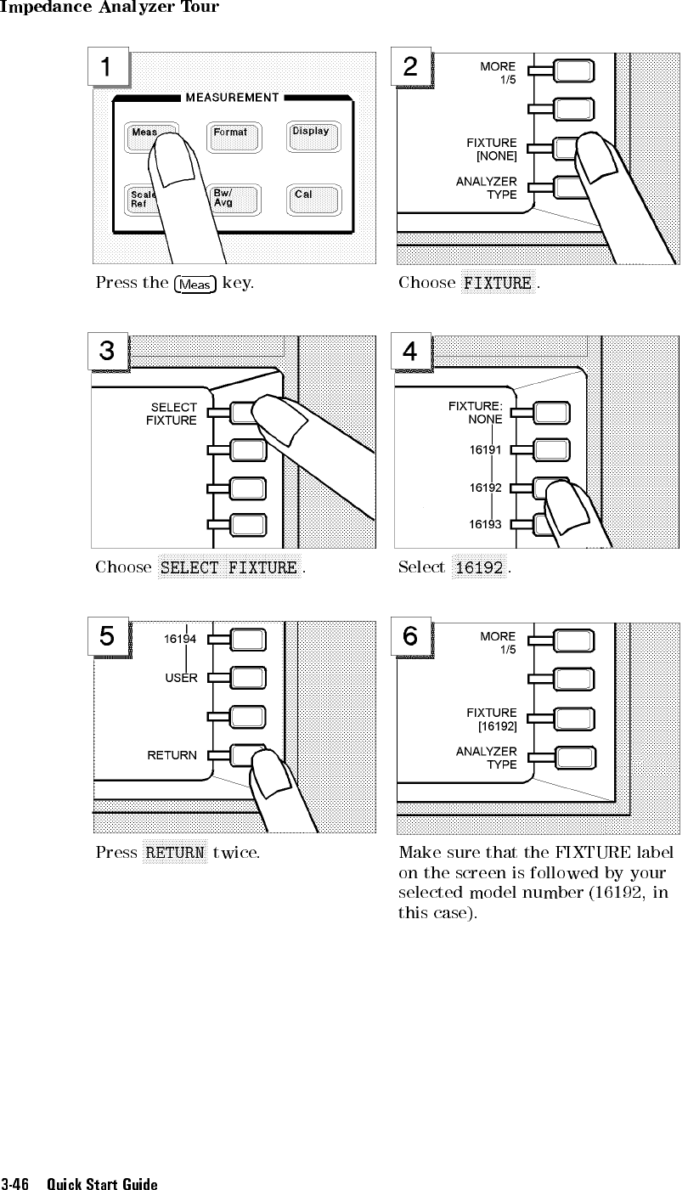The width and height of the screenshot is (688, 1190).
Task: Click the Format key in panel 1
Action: pyautogui.click(x=234, y=138)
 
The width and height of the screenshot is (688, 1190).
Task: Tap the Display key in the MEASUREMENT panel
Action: pyautogui.click(x=313, y=137)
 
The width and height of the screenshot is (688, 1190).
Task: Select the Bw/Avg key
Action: pyautogui.click(x=234, y=200)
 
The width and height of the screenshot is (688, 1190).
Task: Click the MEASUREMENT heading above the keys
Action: pyautogui.click(x=232, y=98)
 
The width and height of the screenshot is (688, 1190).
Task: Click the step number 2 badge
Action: pyautogui.click(x=410, y=67)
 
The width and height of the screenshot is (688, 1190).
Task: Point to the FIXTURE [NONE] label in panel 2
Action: pyautogui.click(x=492, y=149)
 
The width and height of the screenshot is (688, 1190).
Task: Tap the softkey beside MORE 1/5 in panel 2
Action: pyautogui.click(x=574, y=71)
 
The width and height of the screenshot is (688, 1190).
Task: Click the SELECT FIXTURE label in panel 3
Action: pyautogui.click(x=172, y=414)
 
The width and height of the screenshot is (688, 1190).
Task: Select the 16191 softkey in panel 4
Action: pyautogui.click(x=551, y=450)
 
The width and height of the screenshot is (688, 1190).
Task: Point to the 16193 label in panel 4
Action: pyautogui.click(x=485, y=524)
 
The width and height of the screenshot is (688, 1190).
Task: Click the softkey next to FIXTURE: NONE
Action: pyautogui.click(x=551, y=414)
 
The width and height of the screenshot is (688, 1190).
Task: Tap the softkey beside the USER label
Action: pyautogui.click(x=247, y=678)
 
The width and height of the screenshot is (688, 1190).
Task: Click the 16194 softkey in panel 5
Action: pyautogui.click(x=247, y=640)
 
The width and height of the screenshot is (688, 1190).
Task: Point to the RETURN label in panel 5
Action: pyautogui.click(x=172, y=755)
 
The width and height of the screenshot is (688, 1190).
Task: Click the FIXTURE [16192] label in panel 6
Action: pyautogui.click(x=492, y=719)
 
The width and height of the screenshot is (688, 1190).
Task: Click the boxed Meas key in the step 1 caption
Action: pyautogui.click(x=195, y=285)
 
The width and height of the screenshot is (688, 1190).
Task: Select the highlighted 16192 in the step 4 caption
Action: pyautogui.click(x=479, y=567)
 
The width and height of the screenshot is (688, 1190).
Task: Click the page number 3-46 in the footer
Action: pyautogui.click(x=14, y=1183)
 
